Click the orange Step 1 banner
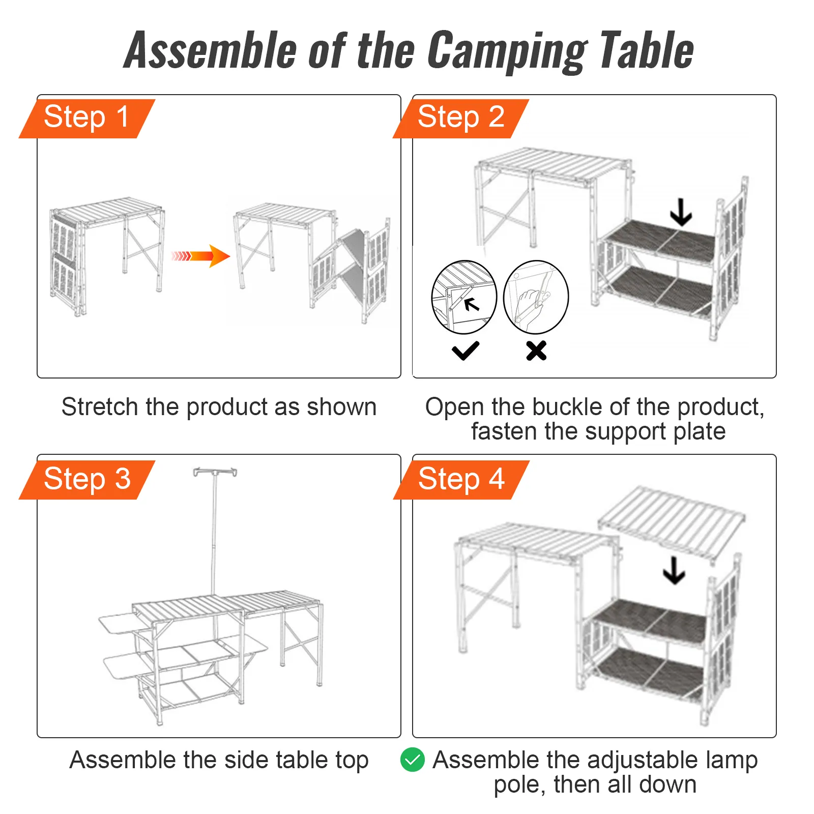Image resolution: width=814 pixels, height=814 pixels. pos(86,118)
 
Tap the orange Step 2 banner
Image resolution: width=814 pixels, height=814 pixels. pos(461,118)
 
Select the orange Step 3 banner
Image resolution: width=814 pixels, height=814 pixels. pos(86,479)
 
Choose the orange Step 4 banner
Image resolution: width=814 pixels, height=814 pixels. pos(461,479)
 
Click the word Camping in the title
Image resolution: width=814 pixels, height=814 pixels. pos(506,51)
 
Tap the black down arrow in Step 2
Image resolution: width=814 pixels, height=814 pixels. pos(681,212)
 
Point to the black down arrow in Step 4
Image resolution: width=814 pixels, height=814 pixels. pos(674,570)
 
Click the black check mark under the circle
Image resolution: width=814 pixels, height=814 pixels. pos(465,351)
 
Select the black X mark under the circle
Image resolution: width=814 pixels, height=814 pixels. pos(536,351)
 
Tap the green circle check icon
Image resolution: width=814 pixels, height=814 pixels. pos(413,760)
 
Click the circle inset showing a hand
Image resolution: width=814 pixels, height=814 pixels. pos(536,297)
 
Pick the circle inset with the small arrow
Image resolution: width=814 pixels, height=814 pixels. pos(464,297)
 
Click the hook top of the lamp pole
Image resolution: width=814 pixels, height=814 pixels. pos(215,473)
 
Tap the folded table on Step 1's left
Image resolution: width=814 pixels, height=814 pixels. pos(107,254)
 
